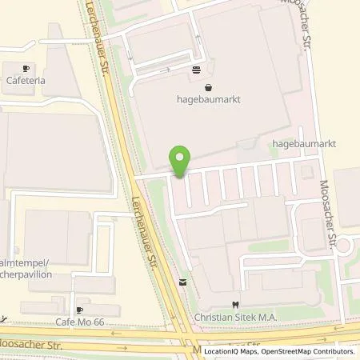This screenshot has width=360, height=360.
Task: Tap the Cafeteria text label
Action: pos(26,81)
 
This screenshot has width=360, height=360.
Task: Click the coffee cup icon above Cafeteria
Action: pos(26,69)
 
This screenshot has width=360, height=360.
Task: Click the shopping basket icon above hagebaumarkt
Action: pos(208,88)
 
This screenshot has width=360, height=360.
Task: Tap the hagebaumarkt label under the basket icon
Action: pos(208,100)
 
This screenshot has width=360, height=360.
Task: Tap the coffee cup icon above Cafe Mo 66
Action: pos(79,309)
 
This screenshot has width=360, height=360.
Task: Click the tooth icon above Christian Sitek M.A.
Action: pos(234,304)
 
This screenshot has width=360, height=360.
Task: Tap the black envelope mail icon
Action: pos(183,282)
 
